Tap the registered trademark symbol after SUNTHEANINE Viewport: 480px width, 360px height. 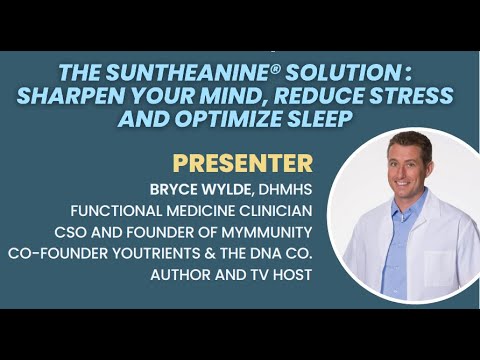pos(232,69)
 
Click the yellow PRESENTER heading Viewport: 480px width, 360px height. pos(242,163)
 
